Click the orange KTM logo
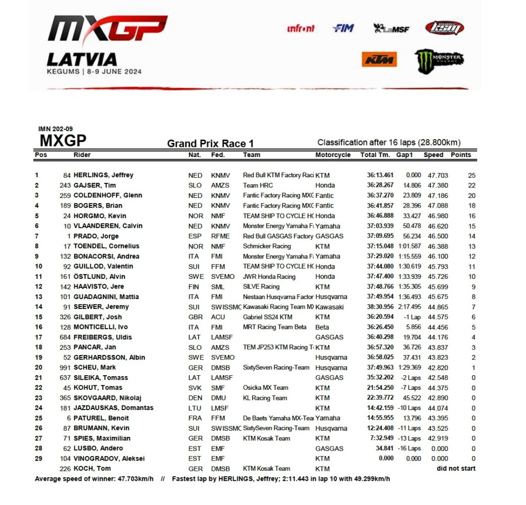point(379,60)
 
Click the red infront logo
point(301,28)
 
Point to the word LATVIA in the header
point(82,60)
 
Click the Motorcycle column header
point(333,155)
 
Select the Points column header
point(460,155)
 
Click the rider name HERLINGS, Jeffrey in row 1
point(103,175)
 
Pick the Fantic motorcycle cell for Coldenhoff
point(324,195)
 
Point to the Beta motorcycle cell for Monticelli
point(322,327)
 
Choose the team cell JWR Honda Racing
point(269,276)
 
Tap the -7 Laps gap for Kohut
point(408,387)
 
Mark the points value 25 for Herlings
point(472,175)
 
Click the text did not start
point(456,468)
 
